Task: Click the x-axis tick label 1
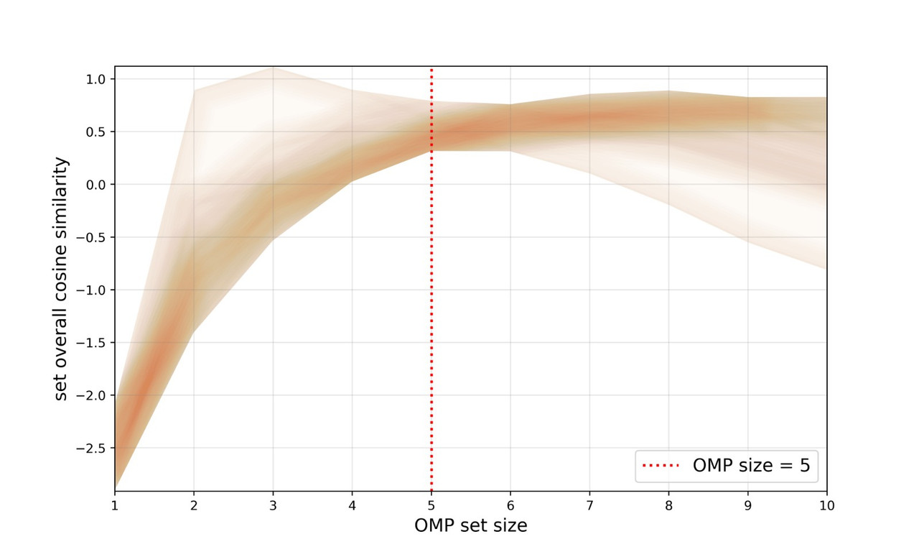coord(115,505)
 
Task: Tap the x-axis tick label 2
coord(194,505)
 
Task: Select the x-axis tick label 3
coord(273,505)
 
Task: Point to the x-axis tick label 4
coord(352,505)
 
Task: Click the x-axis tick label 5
coord(431,505)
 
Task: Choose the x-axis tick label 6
coord(510,505)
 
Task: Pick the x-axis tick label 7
coord(589,505)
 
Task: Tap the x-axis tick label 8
coord(668,505)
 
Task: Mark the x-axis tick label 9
coord(747,505)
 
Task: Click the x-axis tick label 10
coord(826,505)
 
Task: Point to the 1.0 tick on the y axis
coord(96,79)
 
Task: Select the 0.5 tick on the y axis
coord(96,132)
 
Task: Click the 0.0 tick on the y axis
coord(96,185)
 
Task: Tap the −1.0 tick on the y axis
coord(93,290)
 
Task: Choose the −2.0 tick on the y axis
coord(93,395)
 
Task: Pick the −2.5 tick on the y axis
coord(93,448)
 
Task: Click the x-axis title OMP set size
coord(470,526)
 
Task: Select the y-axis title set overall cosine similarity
coord(62,279)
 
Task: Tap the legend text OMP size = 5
coord(751,466)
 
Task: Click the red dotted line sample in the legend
coord(661,466)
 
